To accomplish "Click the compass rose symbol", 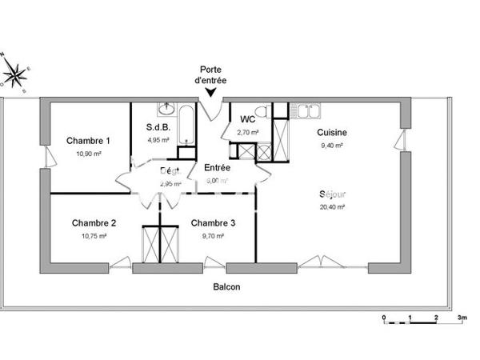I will tap(14, 74).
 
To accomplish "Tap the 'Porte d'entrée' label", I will tap(210, 74).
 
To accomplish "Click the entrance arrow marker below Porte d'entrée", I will tap(210, 93).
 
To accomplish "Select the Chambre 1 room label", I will tap(88, 141).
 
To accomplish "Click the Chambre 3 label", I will tap(213, 223).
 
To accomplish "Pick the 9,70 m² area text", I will tap(213, 236).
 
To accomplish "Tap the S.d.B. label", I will tap(157, 127).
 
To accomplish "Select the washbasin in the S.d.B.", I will tap(168, 109).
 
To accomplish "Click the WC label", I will tap(247, 119).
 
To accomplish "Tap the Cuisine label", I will tap(331, 133).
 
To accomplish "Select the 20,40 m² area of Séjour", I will tap(332, 206).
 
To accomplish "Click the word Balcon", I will tap(226, 287).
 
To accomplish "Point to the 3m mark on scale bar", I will tap(462, 318).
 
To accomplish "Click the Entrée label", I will tap(217, 168).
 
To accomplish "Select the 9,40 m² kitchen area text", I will tap(331, 146).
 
